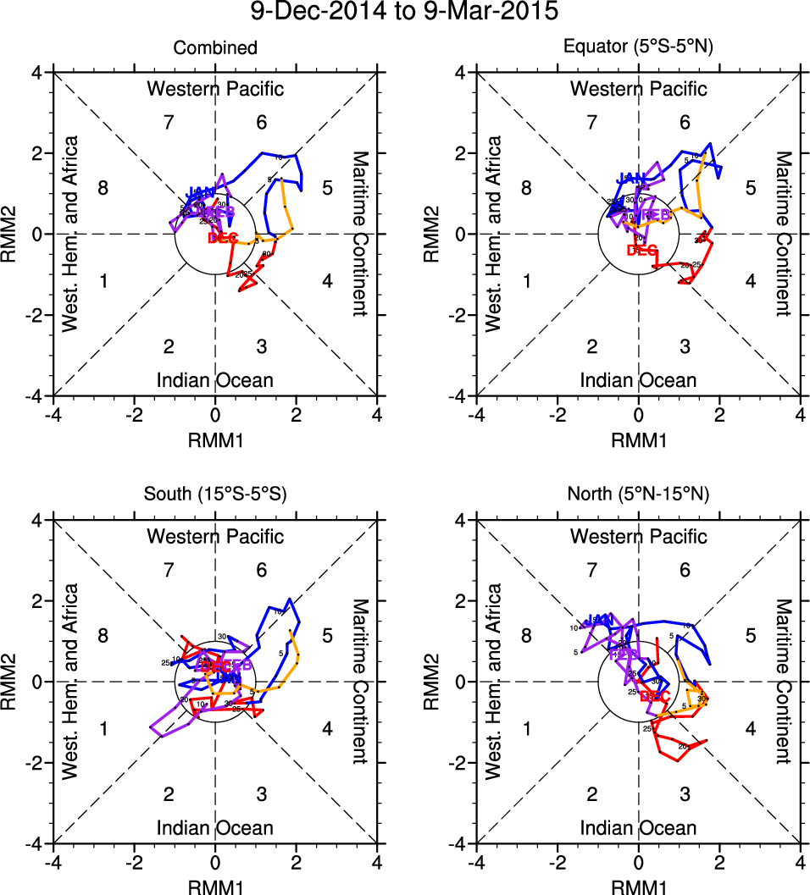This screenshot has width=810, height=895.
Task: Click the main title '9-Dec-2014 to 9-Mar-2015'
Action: click(x=405, y=13)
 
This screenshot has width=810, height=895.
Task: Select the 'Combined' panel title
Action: click(x=215, y=48)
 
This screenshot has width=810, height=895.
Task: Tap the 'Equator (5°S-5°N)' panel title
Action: click(x=639, y=48)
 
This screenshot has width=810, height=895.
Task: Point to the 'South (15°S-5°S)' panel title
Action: click(x=215, y=496)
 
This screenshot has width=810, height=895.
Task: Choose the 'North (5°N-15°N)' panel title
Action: click(x=639, y=496)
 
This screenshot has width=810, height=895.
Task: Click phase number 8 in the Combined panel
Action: click(x=103, y=188)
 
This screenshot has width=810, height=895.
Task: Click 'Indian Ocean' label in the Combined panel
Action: click(x=215, y=380)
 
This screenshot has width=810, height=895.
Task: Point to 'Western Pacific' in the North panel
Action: click(x=639, y=536)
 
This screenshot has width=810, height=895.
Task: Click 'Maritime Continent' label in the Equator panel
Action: click(x=783, y=234)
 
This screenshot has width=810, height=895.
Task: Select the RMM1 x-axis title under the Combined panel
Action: click(x=215, y=439)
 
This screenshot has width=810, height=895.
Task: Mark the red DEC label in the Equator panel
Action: click(x=642, y=250)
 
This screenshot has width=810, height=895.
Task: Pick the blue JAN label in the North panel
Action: click(x=598, y=620)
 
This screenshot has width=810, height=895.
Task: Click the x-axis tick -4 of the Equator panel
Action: click(x=476, y=416)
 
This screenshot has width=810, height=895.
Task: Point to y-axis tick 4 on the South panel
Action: click(x=36, y=521)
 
